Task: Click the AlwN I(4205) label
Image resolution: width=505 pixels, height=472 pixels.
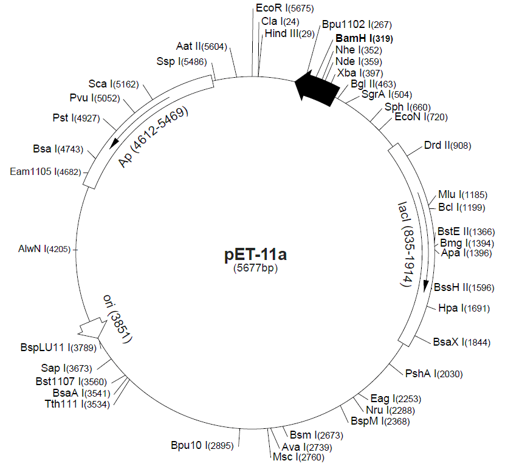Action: (45, 249)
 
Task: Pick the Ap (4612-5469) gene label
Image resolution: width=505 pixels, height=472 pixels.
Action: (154, 137)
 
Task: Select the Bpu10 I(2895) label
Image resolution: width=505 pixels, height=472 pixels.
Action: (202, 445)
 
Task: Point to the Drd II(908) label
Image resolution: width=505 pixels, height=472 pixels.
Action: (448, 145)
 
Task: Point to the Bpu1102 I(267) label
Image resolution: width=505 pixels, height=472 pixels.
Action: (357, 25)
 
